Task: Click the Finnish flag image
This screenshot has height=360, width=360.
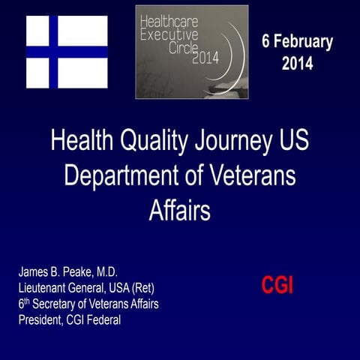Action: [x=67, y=52]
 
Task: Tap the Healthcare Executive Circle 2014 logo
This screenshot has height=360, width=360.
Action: [x=191, y=52]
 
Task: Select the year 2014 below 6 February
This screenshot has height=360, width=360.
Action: [x=297, y=64]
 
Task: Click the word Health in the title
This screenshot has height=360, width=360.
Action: [x=83, y=141]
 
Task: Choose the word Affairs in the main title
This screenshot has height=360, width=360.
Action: [x=180, y=210]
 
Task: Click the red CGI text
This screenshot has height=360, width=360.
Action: [x=277, y=285]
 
